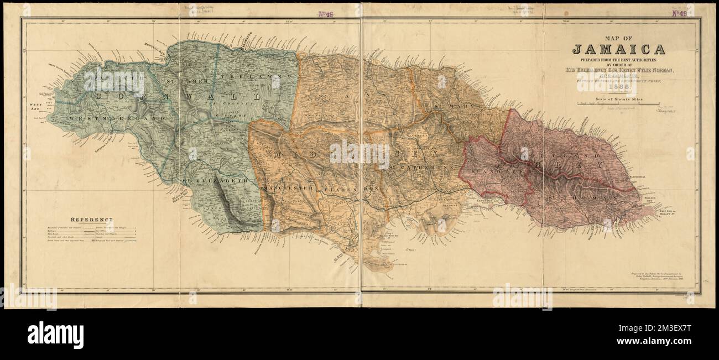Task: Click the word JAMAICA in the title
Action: (618, 49)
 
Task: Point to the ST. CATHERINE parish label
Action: (420, 166)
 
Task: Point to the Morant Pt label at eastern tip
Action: (669, 212)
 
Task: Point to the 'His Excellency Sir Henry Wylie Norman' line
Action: (618, 70)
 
